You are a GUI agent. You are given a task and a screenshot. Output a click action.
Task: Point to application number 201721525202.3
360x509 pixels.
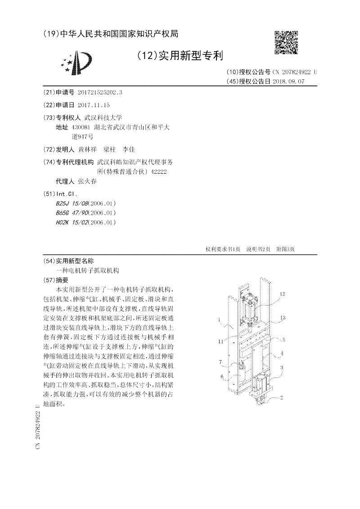pyautogui.click(x=100, y=93)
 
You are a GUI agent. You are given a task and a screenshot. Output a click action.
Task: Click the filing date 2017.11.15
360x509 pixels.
pyautogui.click(x=94, y=105)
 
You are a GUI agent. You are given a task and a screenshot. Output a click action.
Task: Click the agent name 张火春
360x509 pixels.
pyautogui.click(x=87, y=181)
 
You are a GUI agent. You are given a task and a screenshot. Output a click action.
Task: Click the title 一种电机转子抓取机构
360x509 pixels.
pyautogui.click(x=87, y=270)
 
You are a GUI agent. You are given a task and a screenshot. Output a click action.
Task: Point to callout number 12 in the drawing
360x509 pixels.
pyautogui.click(x=282, y=294)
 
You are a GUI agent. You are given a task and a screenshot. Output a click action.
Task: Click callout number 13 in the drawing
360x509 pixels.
pyautogui.click(x=282, y=317)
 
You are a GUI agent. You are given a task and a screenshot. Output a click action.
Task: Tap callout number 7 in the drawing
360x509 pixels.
pyautogui.click(x=220, y=361)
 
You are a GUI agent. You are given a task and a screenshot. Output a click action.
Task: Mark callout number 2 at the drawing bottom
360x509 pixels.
pyautogui.click(x=281, y=397)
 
